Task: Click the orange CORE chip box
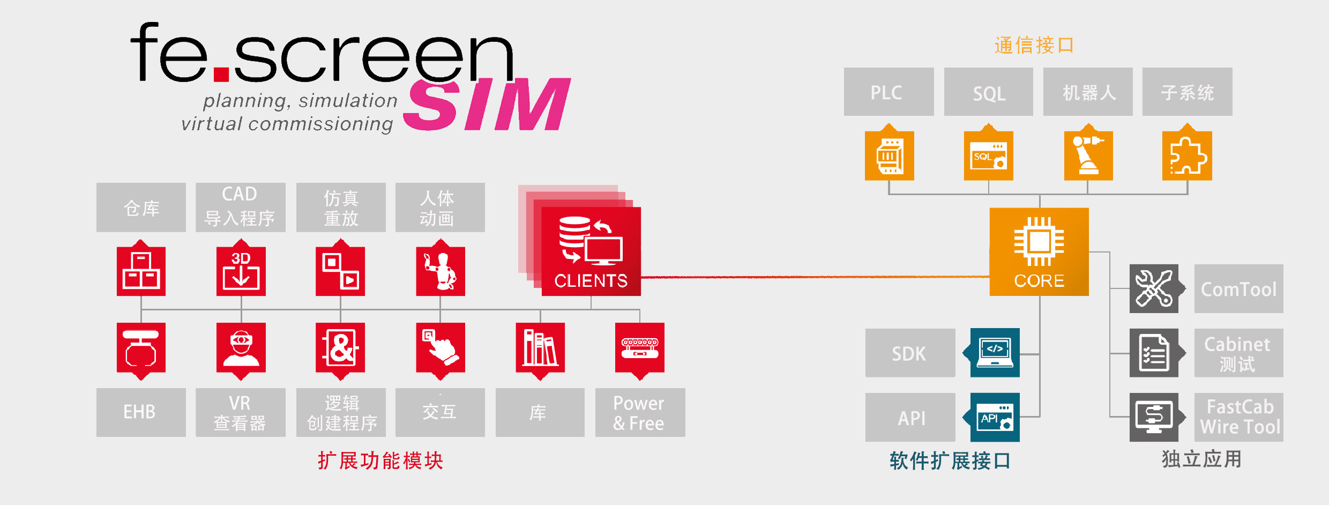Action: click(x=1039, y=251)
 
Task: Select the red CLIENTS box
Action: click(x=591, y=251)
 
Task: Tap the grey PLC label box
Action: click(x=889, y=92)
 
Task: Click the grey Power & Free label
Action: click(x=640, y=412)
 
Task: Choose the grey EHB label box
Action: click(x=141, y=412)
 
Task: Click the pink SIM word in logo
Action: click(x=487, y=104)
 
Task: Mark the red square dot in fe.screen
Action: click(x=221, y=74)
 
